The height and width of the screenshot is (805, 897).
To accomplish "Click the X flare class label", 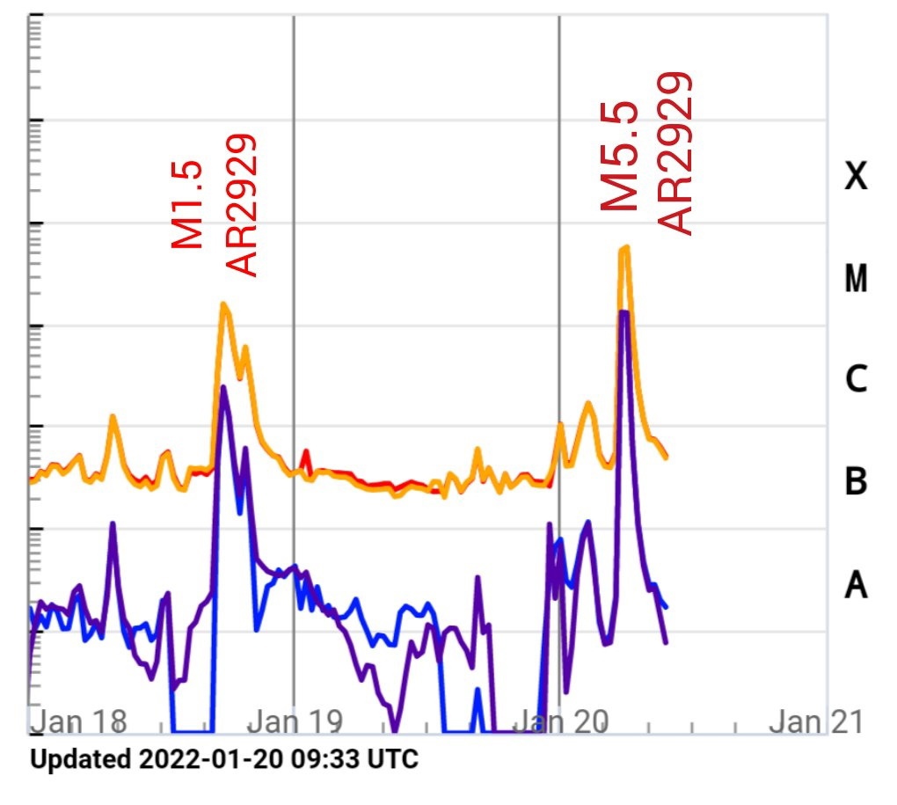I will pos(856,178).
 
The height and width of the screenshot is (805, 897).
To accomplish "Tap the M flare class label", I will pos(856,280).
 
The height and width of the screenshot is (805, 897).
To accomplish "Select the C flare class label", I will pos(856,380).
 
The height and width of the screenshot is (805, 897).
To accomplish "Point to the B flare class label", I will pos(856,483).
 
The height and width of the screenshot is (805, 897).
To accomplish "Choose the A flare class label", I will pos(856,584).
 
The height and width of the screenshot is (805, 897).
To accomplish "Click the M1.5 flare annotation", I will pos(186,204).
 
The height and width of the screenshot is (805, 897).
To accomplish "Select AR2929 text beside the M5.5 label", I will pos(675,154).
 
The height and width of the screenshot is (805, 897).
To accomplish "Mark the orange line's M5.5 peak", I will pos(624,248).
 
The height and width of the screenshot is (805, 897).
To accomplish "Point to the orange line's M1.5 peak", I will pos(223,304).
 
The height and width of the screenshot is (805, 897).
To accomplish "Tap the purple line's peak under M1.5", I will pos(223,388).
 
